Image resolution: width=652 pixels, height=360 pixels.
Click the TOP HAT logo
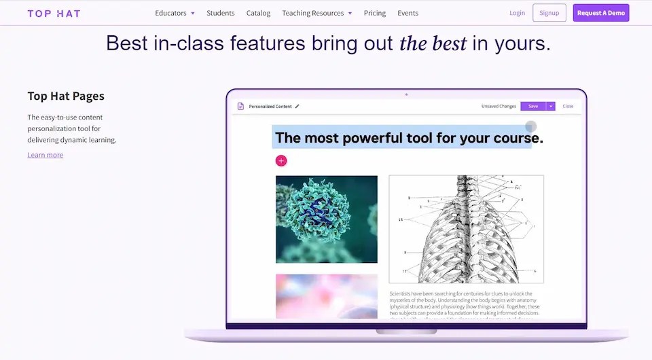54,13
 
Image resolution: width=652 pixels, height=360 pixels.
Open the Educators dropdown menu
175,13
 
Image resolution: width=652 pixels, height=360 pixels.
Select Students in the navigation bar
220,13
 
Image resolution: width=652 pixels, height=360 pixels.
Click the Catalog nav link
258,13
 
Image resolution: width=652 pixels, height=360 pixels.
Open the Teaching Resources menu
316,13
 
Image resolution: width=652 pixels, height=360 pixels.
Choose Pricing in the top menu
374,13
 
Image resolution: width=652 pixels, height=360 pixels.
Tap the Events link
407,13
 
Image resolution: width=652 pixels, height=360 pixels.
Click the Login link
517,13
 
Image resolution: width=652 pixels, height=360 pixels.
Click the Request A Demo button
600,13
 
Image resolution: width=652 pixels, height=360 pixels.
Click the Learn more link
45,155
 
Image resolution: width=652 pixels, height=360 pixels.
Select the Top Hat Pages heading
66,96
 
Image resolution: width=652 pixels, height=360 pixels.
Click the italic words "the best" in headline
433,43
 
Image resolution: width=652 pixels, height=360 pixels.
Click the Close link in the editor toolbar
568,106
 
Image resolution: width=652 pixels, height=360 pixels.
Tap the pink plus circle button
281,160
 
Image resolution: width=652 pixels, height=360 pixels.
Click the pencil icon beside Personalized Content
297,106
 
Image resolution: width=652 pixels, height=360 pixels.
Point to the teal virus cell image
326,219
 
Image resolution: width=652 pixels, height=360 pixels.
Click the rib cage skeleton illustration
466,229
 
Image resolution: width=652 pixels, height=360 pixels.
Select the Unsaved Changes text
499,106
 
